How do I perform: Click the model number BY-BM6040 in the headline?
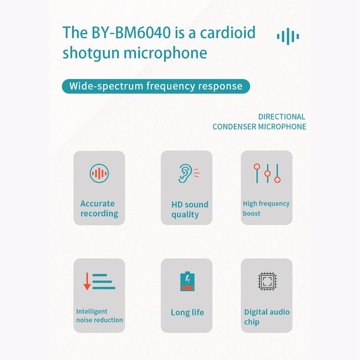pyautogui.click(x=131, y=32)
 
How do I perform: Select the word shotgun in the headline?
pyautogui.click(x=91, y=53)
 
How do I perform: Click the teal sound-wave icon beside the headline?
pyautogui.click(x=288, y=36)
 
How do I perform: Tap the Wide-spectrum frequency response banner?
pyautogui.click(x=156, y=86)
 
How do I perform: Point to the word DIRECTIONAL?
pyautogui.click(x=282, y=117)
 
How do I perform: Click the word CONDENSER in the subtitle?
pyautogui.click(x=234, y=127)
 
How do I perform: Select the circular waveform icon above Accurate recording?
pyautogui.click(x=99, y=173)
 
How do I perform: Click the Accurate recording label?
pyautogui.click(x=99, y=208)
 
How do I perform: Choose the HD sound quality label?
pyautogui.click(x=190, y=209)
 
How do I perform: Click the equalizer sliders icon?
pyautogui.click(x=267, y=173)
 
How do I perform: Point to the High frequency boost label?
pyautogui.click(x=266, y=208)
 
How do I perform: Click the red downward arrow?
pyautogui.click(x=87, y=281)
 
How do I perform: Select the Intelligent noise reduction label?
pyautogui.click(x=99, y=315)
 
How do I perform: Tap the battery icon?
pyautogui.click(x=187, y=281)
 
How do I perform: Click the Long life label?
pyautogui.click(x=187, y=312)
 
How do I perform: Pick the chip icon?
pyautogui.click(x=267, y=281)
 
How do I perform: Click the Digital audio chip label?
pyautogui.click(x=267, y=317)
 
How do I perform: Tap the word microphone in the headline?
pyautogui.click(x=165, y=53)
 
